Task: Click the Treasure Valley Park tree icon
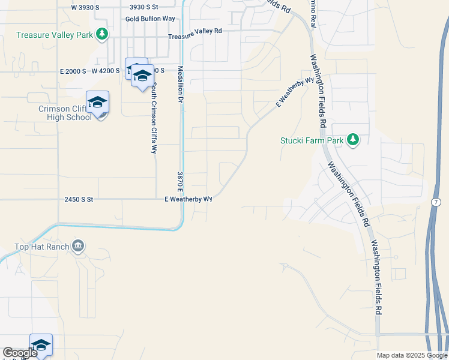(x=103, y=34)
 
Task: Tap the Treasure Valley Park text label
(x=55, y=35)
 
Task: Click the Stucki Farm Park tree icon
(x=353, y=140)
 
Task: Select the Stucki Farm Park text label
(x=312, y=141)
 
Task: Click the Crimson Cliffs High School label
(x=65, y=113)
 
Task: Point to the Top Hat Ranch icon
(x=78, y=246)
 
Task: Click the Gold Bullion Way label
(x=150, y=19)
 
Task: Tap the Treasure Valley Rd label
(x=195, y=34)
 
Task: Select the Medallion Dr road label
(x=179, y=85)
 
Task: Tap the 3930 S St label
(x=143, y=7)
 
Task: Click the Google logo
(x=20, y=353)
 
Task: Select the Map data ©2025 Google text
(x=412, y=355)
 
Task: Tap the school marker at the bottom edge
(x=41, y=345)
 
